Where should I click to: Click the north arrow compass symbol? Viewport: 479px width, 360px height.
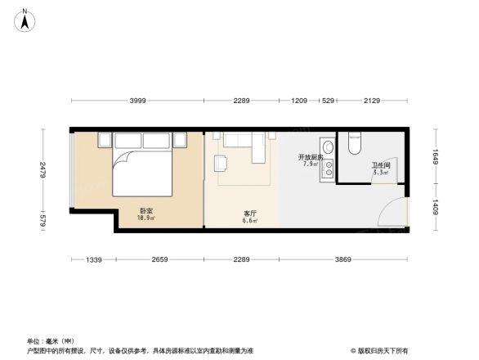[26, 18]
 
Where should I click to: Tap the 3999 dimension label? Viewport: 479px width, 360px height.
[137, 101]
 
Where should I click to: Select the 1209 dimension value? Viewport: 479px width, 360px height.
[299, 101]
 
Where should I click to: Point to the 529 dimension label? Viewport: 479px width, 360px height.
[328, 101]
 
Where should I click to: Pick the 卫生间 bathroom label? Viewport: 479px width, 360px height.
[380, 168]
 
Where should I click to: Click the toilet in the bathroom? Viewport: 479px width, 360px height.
[355, 143]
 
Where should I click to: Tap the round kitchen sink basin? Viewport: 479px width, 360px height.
[328, 147]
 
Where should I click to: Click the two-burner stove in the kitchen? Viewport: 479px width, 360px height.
[329, 169]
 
